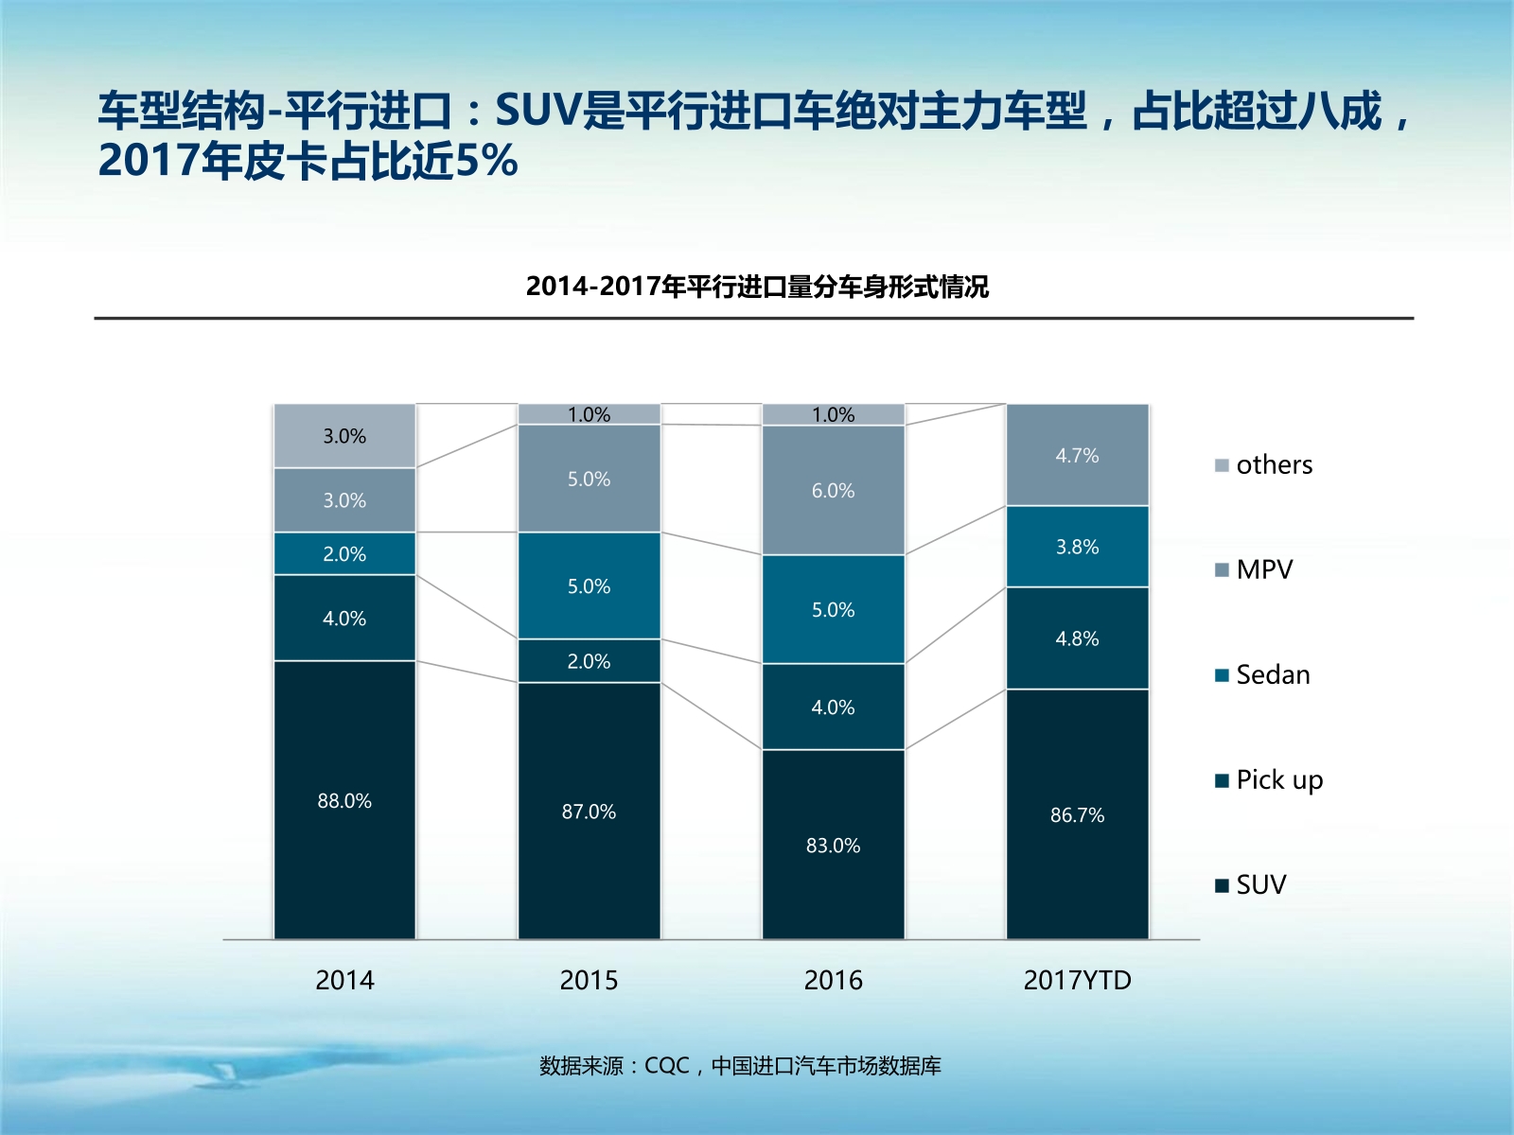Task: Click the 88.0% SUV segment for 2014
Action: [344, 800]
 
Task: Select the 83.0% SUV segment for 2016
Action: [833, 845]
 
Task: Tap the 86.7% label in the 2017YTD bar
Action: [1077, 814]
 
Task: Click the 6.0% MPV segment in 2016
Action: [833, 490]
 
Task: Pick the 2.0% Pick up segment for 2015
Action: [589, 661]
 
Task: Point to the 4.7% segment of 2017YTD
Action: [1077, 455]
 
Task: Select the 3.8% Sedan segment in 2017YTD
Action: [1077, 547]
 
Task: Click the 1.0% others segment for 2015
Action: [589, 414]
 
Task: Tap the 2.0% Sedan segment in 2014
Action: [344, 553]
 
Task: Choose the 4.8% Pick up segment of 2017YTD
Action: [1077, 638]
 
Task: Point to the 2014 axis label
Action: [344, 980]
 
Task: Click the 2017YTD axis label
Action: [1077, 980]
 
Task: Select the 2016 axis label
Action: [833, 980]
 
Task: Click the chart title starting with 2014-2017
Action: [757, 286]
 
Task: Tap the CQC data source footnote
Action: [740, 1066]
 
